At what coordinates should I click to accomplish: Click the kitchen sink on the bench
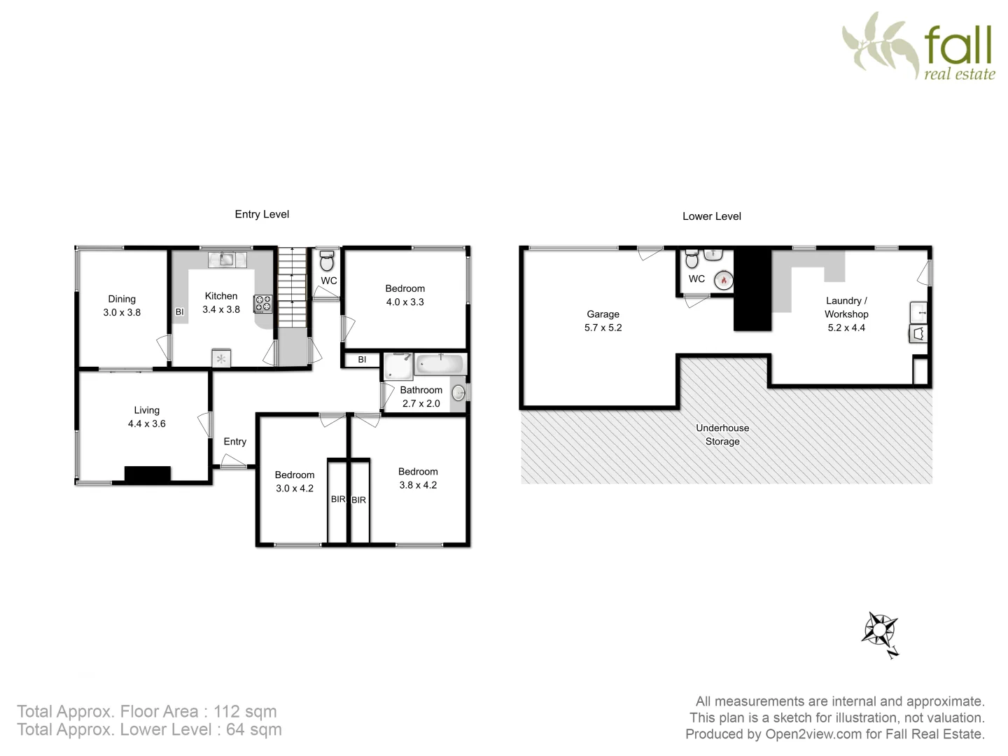(227, 259)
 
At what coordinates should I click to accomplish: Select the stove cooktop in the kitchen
(263, 304)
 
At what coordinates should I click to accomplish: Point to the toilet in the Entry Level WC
(327, 261)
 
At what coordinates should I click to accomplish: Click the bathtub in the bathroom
(440, 365)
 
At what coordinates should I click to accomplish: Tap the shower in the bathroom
(398, 365)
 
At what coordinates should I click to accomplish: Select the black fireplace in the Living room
(147, 474)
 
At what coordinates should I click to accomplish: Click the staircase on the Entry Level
(293, 287)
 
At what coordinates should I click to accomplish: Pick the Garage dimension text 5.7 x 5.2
(603, 328)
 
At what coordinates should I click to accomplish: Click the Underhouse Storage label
(722, 435)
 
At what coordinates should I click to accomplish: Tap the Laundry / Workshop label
(846, 307)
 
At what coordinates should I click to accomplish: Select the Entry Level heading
(262, 214)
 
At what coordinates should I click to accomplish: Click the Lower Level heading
(711, 216)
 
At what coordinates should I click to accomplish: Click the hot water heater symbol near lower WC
(723, 281)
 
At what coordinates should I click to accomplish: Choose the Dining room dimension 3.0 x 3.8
(122, 312)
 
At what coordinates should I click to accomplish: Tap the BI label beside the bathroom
(362, 360)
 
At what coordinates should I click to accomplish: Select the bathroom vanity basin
(458, 393)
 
